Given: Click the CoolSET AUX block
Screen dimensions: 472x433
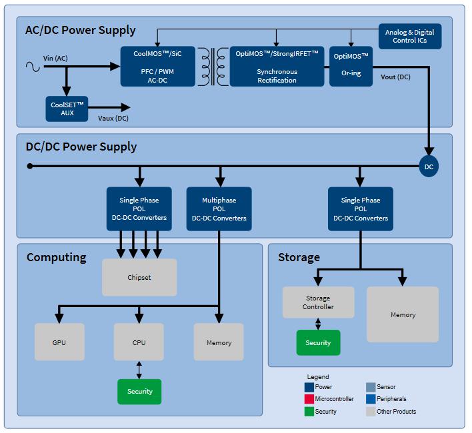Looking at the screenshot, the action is point(67,109).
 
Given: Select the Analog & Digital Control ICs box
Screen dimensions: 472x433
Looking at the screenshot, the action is point(410,37).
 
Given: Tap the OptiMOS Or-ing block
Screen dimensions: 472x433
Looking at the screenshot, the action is point(351,67).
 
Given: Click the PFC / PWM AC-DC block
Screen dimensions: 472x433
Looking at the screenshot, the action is point(158,67).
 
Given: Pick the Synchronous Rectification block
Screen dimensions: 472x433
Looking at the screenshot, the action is point(277,67).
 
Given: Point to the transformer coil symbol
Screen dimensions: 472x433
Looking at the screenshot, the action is point(213,67).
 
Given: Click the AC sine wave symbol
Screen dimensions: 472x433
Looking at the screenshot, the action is point(33,67).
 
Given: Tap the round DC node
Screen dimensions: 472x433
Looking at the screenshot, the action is point(429,167).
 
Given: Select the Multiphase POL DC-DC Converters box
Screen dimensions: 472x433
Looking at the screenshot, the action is point(219,209).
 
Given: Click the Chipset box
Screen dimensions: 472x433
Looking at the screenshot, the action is point(139,277).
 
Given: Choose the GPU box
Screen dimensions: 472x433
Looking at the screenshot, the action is point(59,342).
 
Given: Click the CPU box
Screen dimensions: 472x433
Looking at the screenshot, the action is point(139,342).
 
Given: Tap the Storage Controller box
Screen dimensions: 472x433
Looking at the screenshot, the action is point(318,302).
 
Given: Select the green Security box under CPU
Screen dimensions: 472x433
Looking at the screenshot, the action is point(139,392).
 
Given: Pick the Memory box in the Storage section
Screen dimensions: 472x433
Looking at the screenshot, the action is point(403,314).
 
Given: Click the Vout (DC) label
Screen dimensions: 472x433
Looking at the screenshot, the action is point(395,77).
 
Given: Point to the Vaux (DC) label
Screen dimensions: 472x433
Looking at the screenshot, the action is point(113,118).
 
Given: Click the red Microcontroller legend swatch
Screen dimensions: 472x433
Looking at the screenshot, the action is point(309,399).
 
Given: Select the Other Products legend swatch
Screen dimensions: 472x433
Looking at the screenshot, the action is point(371,412).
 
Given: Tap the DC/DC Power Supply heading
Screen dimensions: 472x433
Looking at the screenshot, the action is point(81,147).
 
